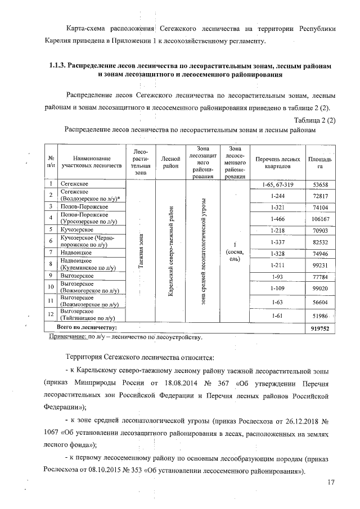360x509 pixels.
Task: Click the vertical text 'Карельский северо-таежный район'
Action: [170, 253]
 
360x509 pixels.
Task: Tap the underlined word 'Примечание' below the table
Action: [67, 337]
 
